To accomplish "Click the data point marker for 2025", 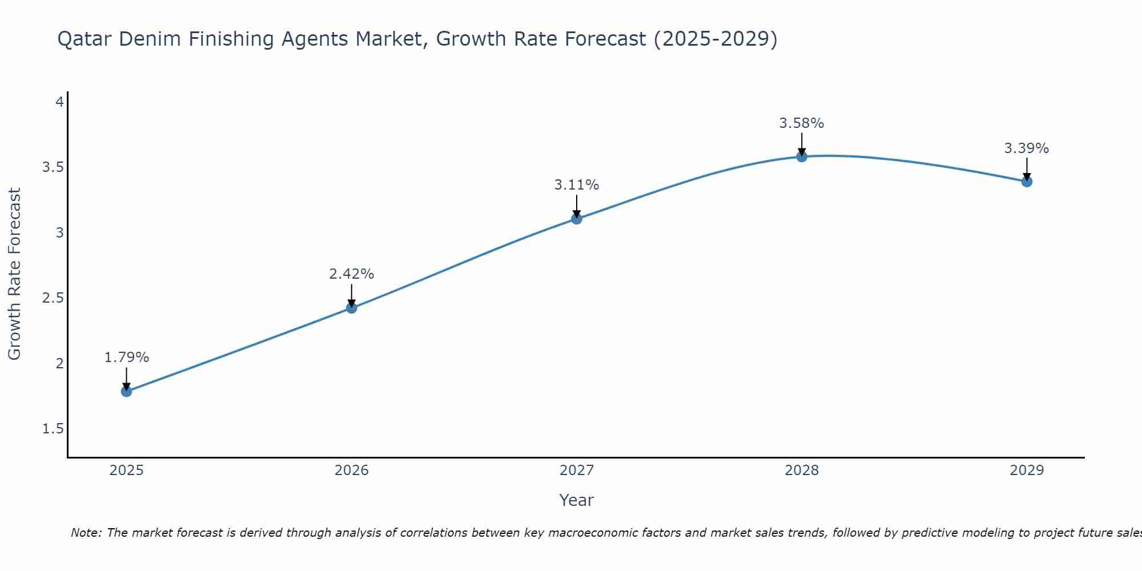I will (x=126, y=391).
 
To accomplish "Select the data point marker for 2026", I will (x=352, y=308).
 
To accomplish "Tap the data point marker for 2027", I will (x=577, y=218).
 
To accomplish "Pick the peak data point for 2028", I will (x=802, y=156).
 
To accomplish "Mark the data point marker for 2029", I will (x=1027, y=182).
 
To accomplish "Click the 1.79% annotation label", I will (x=126, y=357).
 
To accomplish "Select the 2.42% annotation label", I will (x=352, y=274).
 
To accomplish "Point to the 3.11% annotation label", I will (x=577, y=185).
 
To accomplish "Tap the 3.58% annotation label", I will (x=802, y=123).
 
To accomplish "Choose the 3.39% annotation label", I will (x=1027, y=148).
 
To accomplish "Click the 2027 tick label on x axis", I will (x=577, y=471).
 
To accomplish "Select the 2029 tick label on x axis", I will (x=1027, y=471).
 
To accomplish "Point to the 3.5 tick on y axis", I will (x=53, y=167).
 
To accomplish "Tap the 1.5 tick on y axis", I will (x=53, y=429).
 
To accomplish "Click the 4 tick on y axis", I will (x=59, y=102).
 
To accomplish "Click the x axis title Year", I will (x=577, y=500).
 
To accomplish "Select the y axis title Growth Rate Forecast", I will (x=14, y=274).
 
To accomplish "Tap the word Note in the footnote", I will (x=86, y=533).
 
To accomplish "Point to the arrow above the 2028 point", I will (x=802, y=144).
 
